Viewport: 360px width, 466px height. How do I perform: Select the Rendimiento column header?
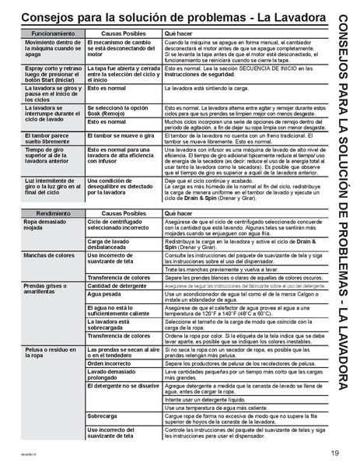tap(51, 212)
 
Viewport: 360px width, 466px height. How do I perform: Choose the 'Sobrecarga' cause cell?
tap(102, 415)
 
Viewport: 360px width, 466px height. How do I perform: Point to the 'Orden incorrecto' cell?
tap(110, 363)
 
